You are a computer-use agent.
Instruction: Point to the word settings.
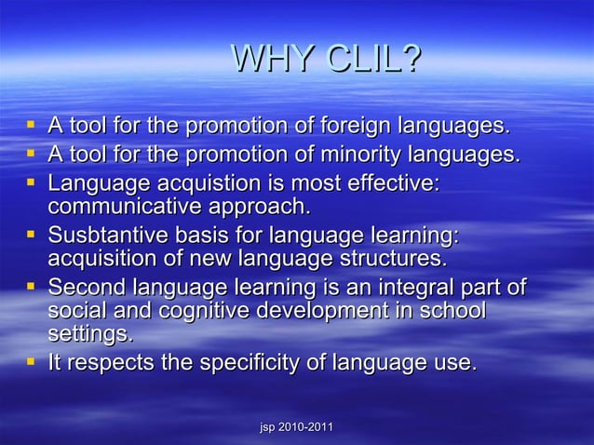(x=90, y=333)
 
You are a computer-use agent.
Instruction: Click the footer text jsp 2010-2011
(x=296, y=426)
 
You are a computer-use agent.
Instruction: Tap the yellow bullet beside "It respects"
(x=32, y=362)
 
